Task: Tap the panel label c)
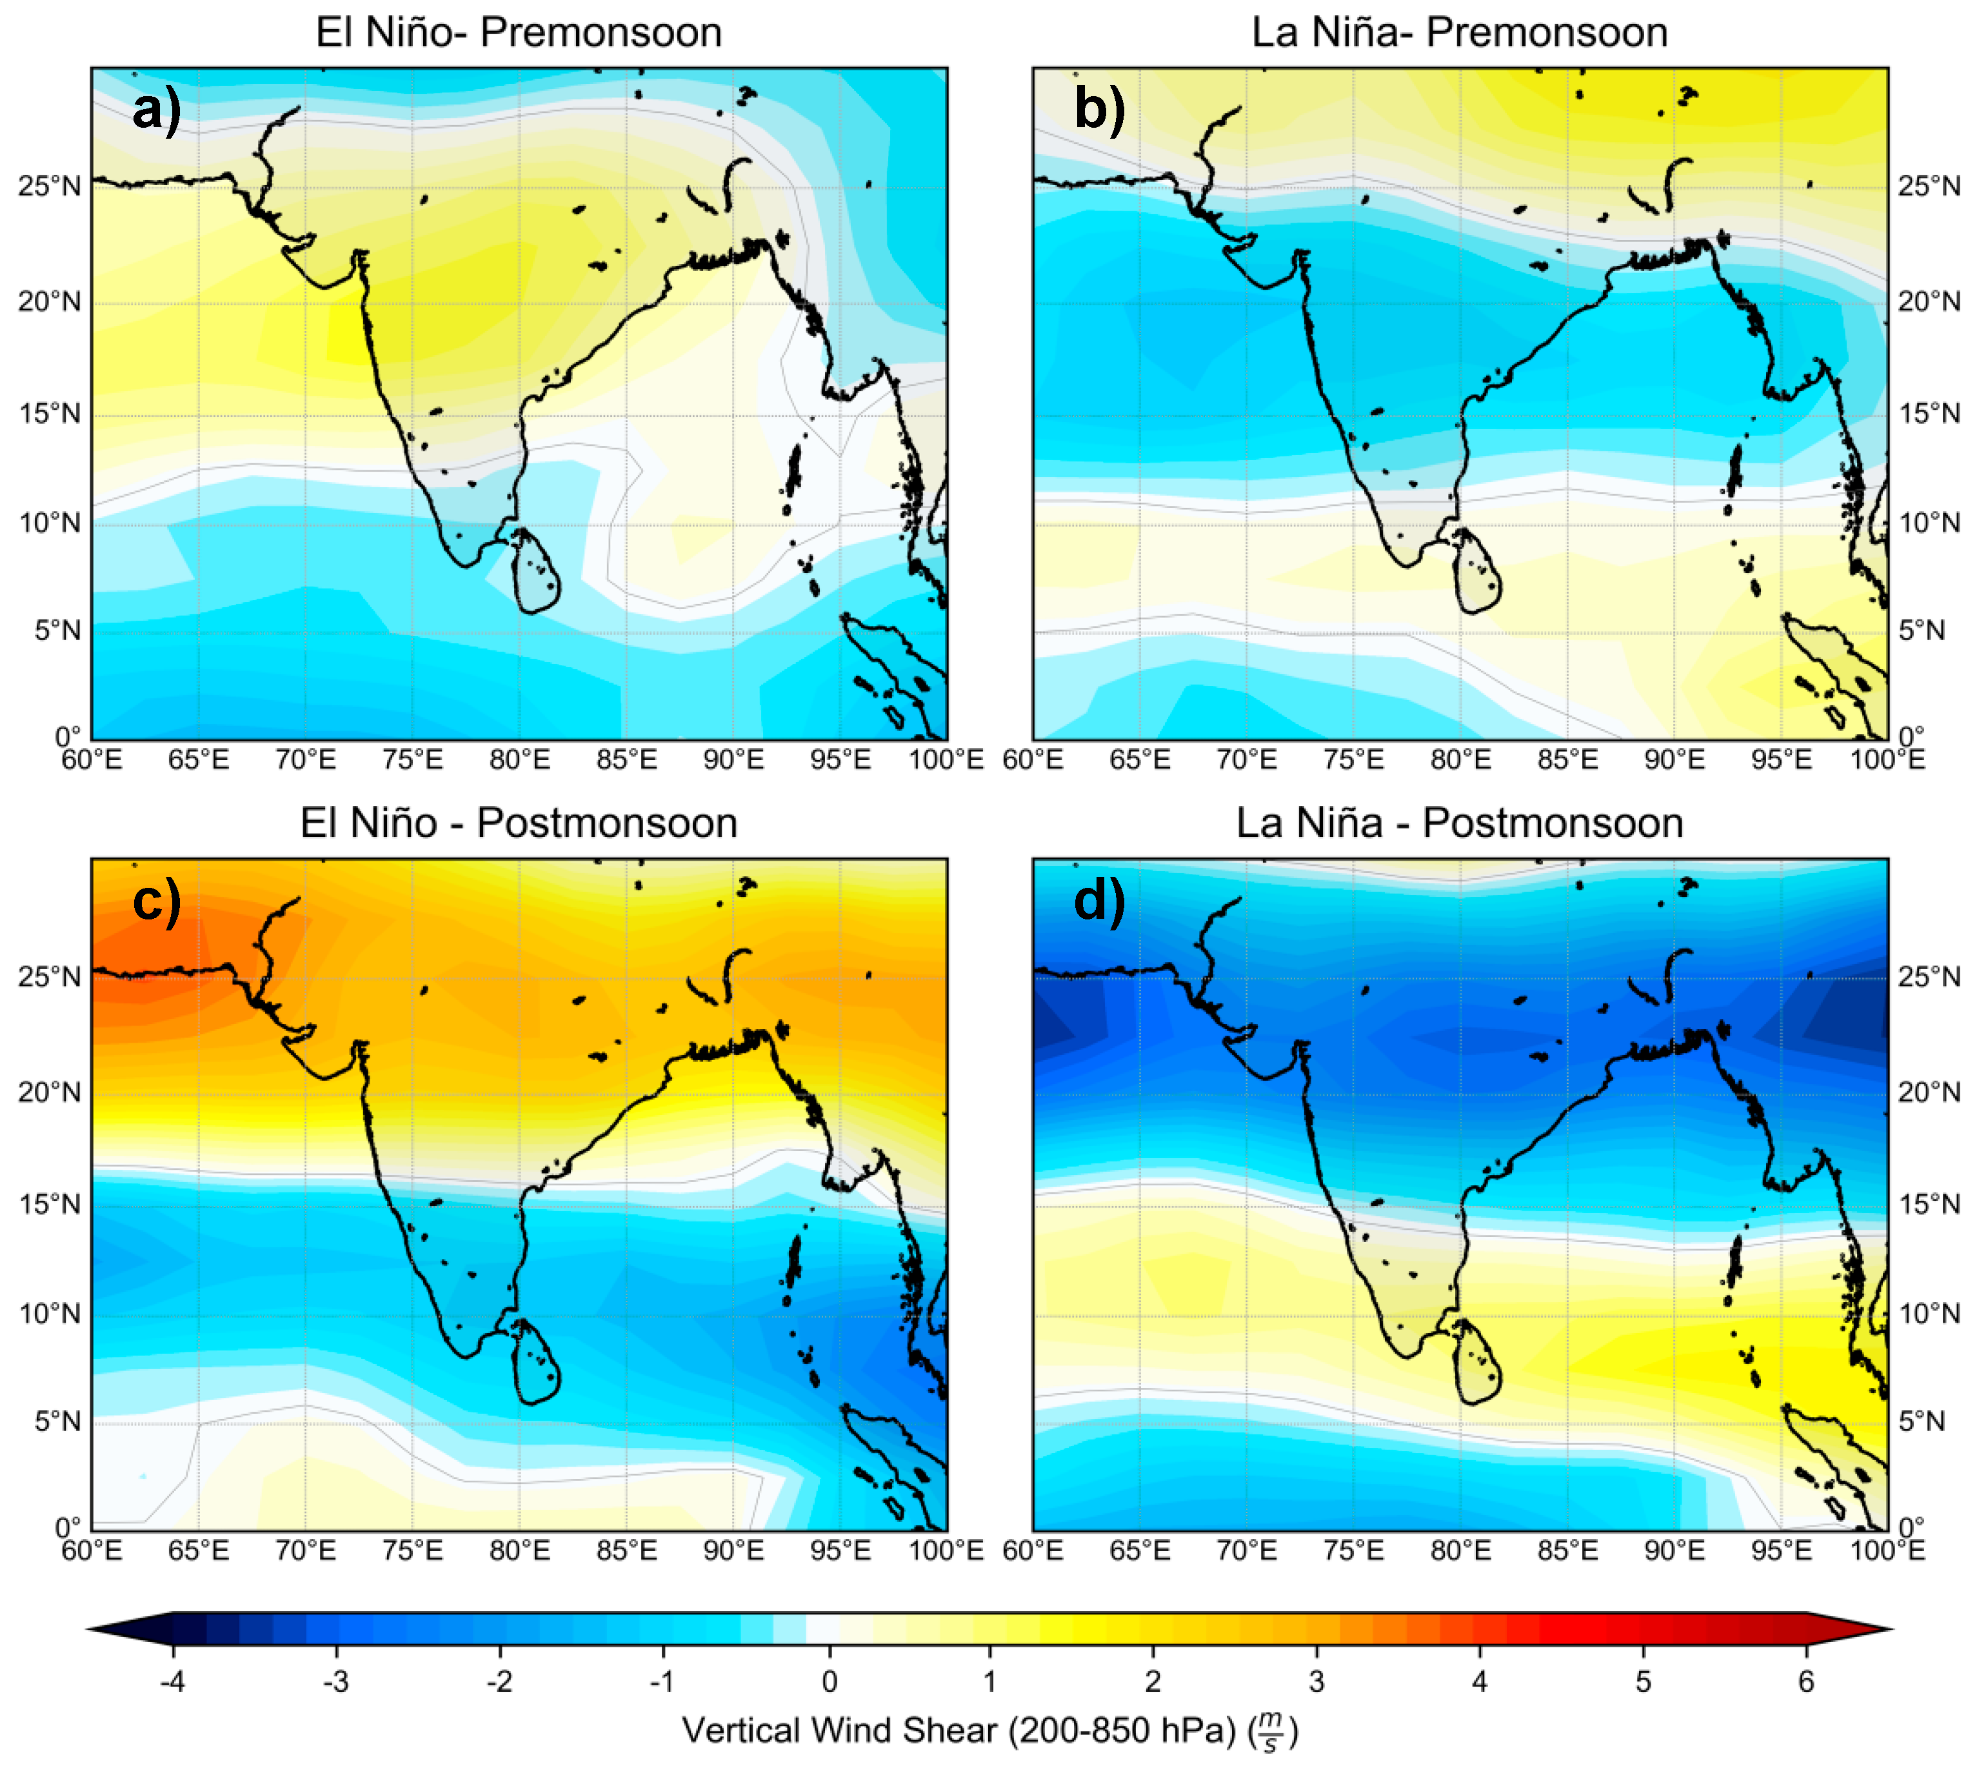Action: [x=156, y=901]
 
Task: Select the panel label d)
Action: [x=1099, y=901]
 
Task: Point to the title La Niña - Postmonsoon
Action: [x=1459, y=823]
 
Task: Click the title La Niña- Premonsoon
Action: [x=1459, y=32]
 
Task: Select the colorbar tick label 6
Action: [x=1805, y=1681]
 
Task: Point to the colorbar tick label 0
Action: [x=830, y=1681]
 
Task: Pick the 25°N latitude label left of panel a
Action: [x=48, y=185]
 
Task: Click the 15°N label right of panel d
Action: [x=1929, y=1204]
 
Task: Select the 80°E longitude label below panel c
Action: [x=519, y=1550]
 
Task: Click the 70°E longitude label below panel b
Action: [x=1247, y=759]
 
